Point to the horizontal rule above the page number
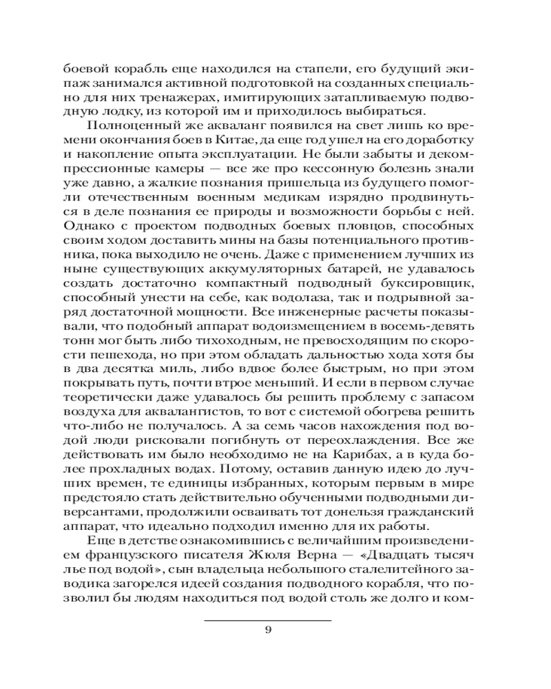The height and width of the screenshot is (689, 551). pos(268,619)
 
